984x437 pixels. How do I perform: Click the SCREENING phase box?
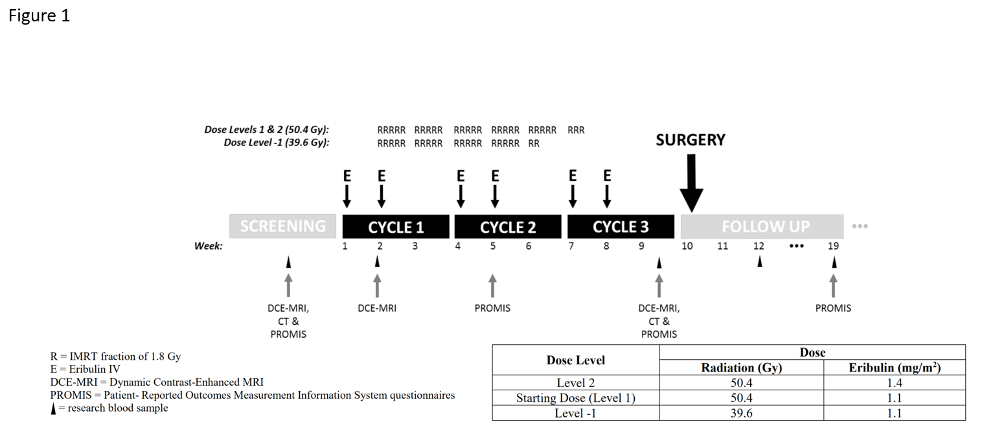[x=282, y=226]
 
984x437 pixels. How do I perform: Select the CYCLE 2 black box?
[x=508, y=226]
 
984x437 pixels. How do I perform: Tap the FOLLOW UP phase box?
[x=762, y=226]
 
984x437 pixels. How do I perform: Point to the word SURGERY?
[x=691, y=140]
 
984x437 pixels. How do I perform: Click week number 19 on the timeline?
[x=833, y=246]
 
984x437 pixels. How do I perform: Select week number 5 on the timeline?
[x=493, y=246]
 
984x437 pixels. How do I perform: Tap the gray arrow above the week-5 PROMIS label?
[x=492, y=285]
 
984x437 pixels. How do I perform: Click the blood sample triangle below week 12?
[x=759, y=262]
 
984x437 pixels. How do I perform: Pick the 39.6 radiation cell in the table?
[x=742, y=413]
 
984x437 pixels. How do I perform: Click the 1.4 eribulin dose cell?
[x=895, y=383]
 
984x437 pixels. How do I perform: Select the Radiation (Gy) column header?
[x=742, y=368]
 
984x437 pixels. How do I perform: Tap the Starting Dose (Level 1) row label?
[x=575, y=398]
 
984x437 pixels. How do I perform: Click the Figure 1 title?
[x=39, y=16]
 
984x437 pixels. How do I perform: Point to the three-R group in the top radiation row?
[x=576, y=130]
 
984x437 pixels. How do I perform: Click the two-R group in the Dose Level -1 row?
[x=534, y=143]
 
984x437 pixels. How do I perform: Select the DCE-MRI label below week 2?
[x=377, y=308]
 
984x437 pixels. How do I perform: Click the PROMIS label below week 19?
[x=833, y=308]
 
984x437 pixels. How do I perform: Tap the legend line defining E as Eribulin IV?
[x=86, y=369]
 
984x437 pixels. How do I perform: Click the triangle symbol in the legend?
[x=53, y=409]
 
